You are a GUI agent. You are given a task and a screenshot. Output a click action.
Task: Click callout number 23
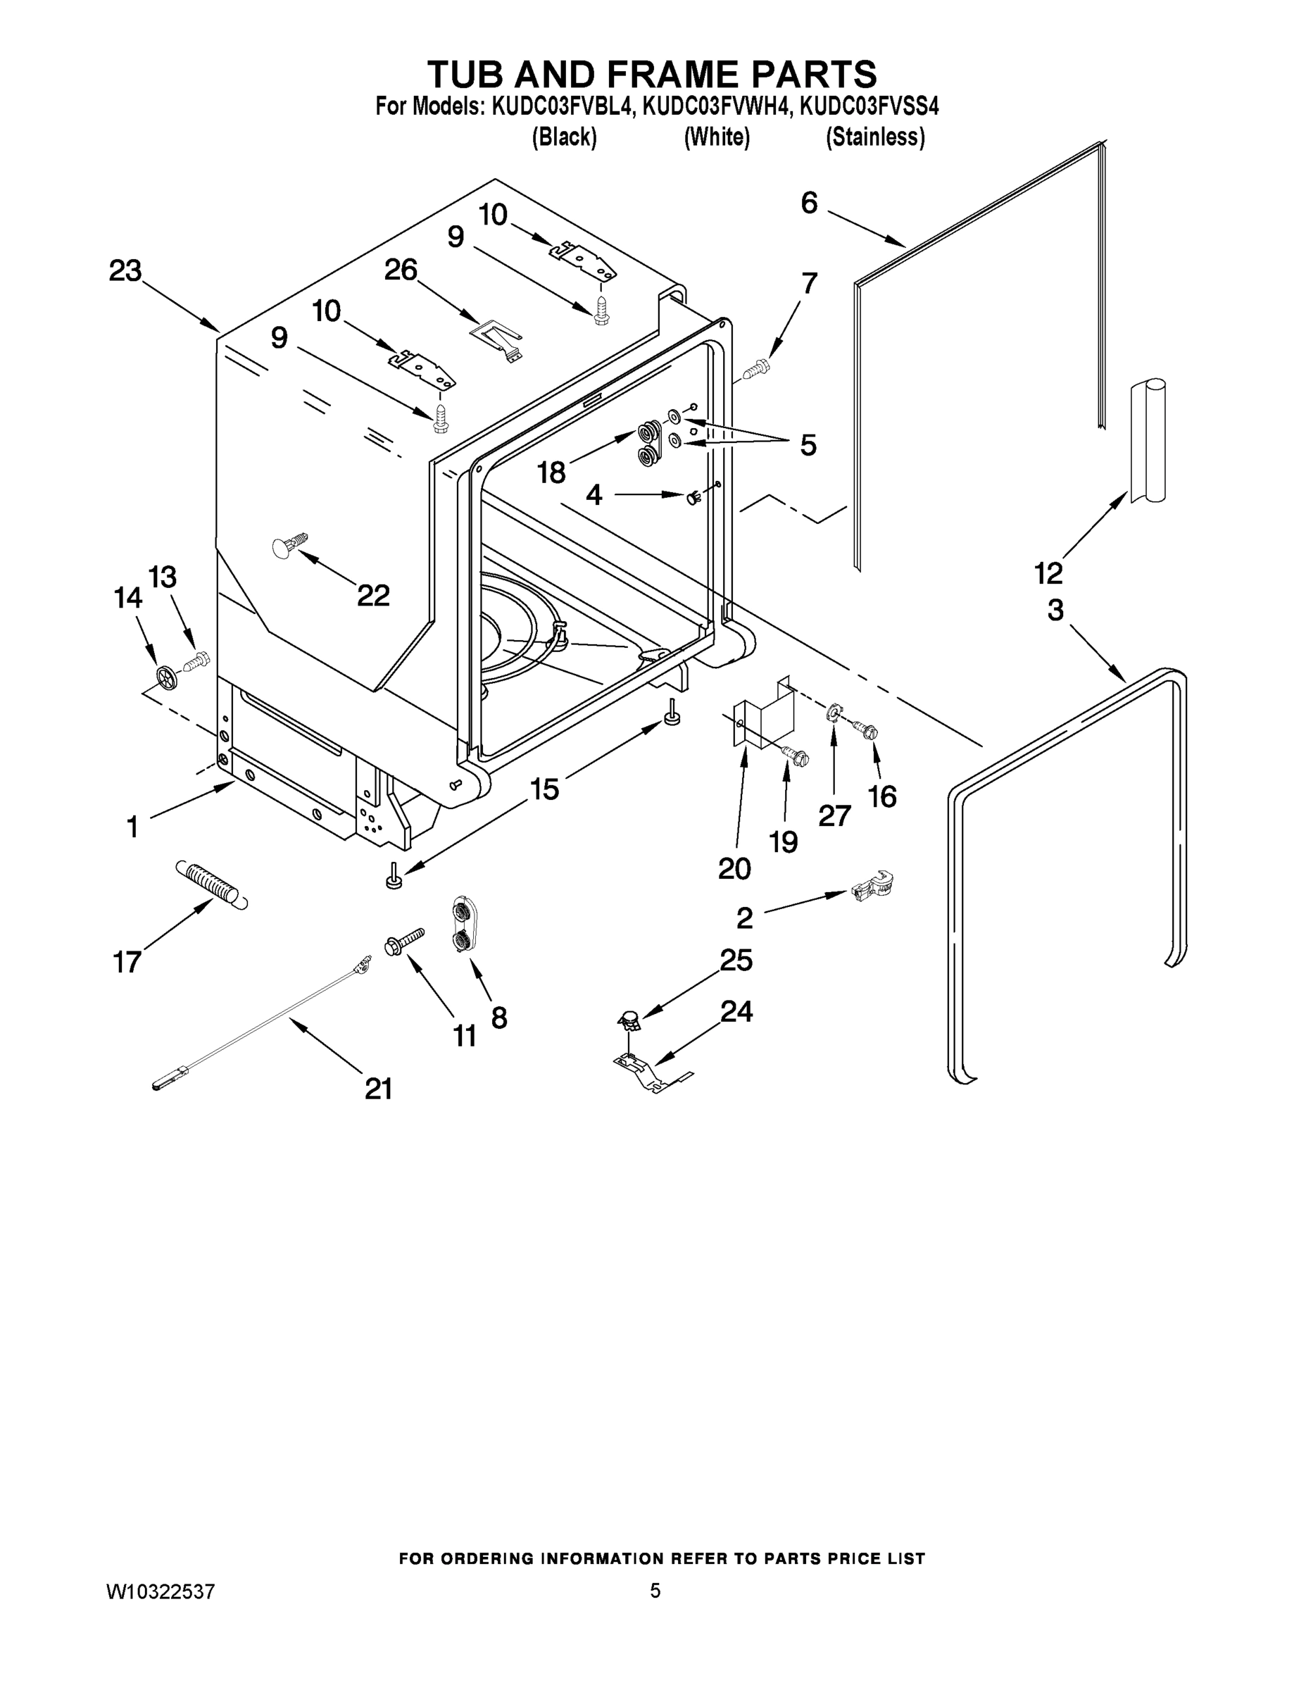125,271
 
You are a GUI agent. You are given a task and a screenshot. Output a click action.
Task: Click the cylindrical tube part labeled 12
1147,441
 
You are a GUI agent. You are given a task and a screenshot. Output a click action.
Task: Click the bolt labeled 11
404,941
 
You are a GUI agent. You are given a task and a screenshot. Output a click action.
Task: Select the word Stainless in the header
875,137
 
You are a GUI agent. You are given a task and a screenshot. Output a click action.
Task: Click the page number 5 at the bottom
655,1591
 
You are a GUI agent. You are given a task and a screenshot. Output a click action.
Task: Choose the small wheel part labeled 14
167,677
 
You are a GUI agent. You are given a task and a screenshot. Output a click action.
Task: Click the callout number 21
378,1089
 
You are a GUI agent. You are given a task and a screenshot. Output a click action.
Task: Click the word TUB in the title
465,74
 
